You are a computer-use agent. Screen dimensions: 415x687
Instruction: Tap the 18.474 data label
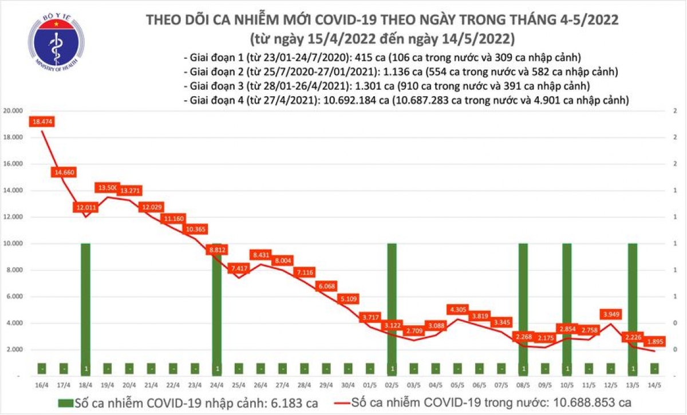pos(42,122)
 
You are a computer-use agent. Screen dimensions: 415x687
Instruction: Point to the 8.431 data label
pos(261,255)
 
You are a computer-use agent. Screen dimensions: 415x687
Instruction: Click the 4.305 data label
pos(457,309)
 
